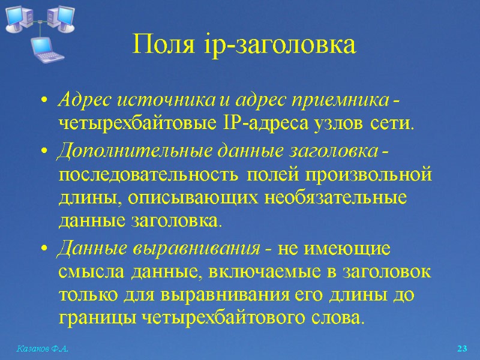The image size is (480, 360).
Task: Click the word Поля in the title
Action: (158, 45)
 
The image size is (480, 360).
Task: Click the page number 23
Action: (462, 349)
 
